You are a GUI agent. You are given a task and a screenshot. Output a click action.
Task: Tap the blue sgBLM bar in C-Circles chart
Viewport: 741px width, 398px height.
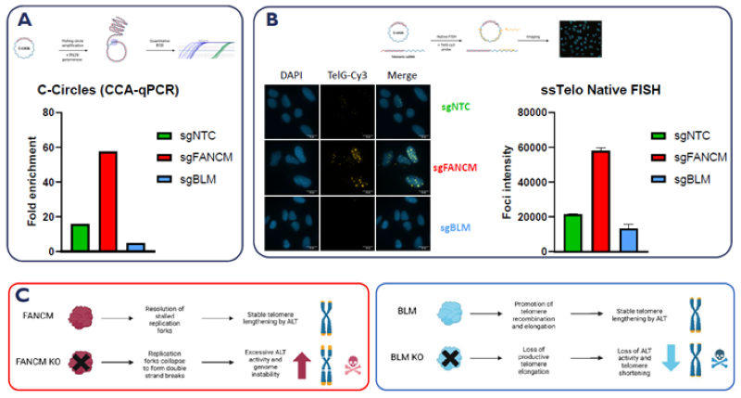coord(136,247)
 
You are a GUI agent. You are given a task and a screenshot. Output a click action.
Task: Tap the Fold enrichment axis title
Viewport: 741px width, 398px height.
coord(32,182)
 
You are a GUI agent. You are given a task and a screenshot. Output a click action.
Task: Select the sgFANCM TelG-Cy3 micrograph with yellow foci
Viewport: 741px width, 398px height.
coord(346,167)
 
